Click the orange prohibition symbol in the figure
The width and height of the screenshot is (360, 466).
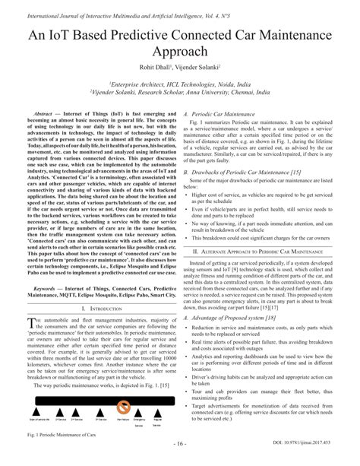tap(124, 406)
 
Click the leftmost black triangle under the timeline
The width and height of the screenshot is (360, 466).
tap(36, 411)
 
